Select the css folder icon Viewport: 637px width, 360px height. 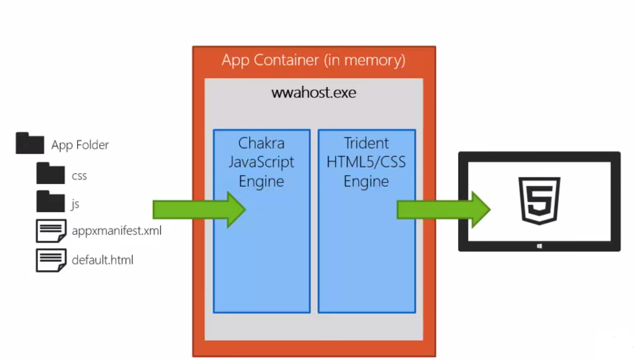[50, 174]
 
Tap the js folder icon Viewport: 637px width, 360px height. [50, 202]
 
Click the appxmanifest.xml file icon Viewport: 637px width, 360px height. [51, 231]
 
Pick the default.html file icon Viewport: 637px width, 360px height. [51, 260]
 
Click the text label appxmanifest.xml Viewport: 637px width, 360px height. [117, 231]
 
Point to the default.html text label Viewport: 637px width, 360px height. [102, 260]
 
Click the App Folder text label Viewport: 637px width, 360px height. [80, 145]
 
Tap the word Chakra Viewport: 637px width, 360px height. [261, 143]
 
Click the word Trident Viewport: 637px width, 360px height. [366, 143]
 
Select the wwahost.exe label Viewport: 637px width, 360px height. [313, 93]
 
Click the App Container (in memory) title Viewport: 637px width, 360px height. [313, 60]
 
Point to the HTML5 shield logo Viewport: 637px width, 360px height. [539, 200]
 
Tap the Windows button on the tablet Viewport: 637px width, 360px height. [539, 246]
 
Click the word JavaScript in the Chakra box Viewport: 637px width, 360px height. [261, 162]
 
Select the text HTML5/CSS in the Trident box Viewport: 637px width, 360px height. [366, 162]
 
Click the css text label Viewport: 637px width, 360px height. [79, 176]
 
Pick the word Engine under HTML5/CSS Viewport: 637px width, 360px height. [366, 182]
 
